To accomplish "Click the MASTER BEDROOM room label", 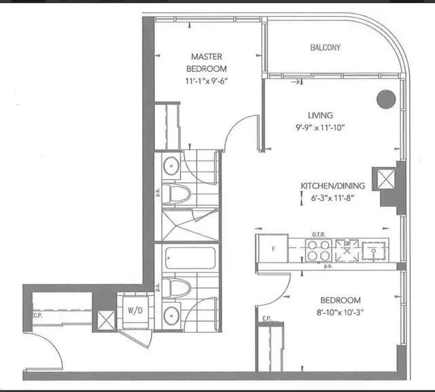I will click(208, 63).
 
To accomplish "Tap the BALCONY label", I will click(326, 48).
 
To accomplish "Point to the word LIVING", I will click(319, 115).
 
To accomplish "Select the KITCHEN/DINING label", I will click(334, 186).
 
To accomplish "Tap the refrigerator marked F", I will click(273, 249).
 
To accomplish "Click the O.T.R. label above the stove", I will click(320, 234).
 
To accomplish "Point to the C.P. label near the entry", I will click(37, 315).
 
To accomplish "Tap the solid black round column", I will click(385, 99).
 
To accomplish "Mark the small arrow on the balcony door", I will click(296, 83).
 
